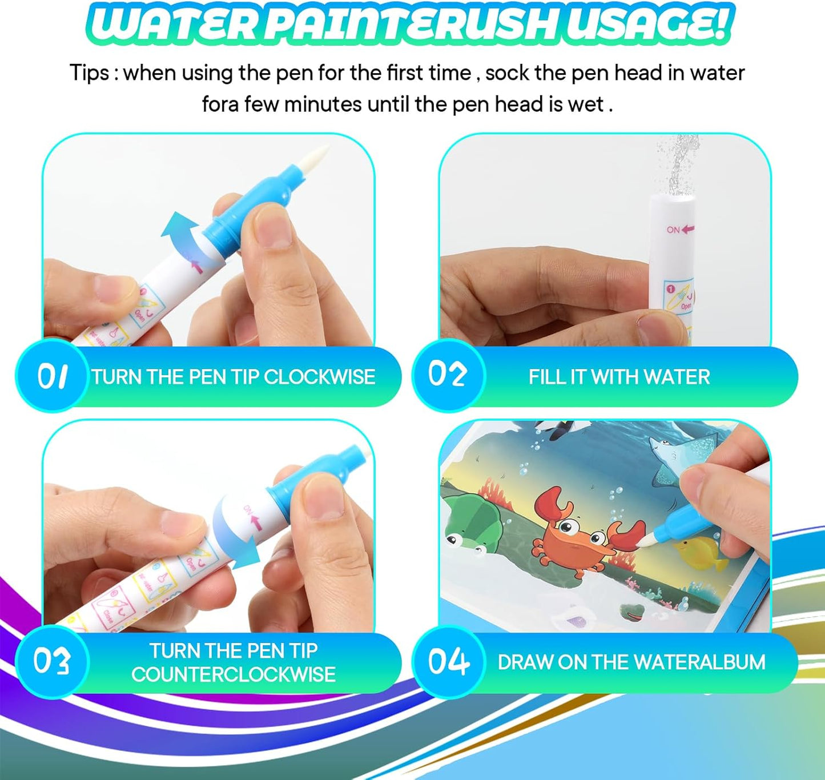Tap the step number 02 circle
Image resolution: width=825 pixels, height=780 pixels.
pos(448,375)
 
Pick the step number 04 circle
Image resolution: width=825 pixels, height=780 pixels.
pos(448,661)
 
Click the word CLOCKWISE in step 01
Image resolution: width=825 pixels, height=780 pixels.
pos(319,377)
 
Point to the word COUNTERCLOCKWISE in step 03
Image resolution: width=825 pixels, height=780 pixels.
pos(233,674)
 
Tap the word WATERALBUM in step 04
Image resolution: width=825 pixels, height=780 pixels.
pos(699,662)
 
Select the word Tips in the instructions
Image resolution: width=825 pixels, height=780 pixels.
pos(89,73)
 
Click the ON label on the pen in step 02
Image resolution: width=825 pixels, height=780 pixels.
pos(674,230)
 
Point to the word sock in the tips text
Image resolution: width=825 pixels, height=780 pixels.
pos(509,73)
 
